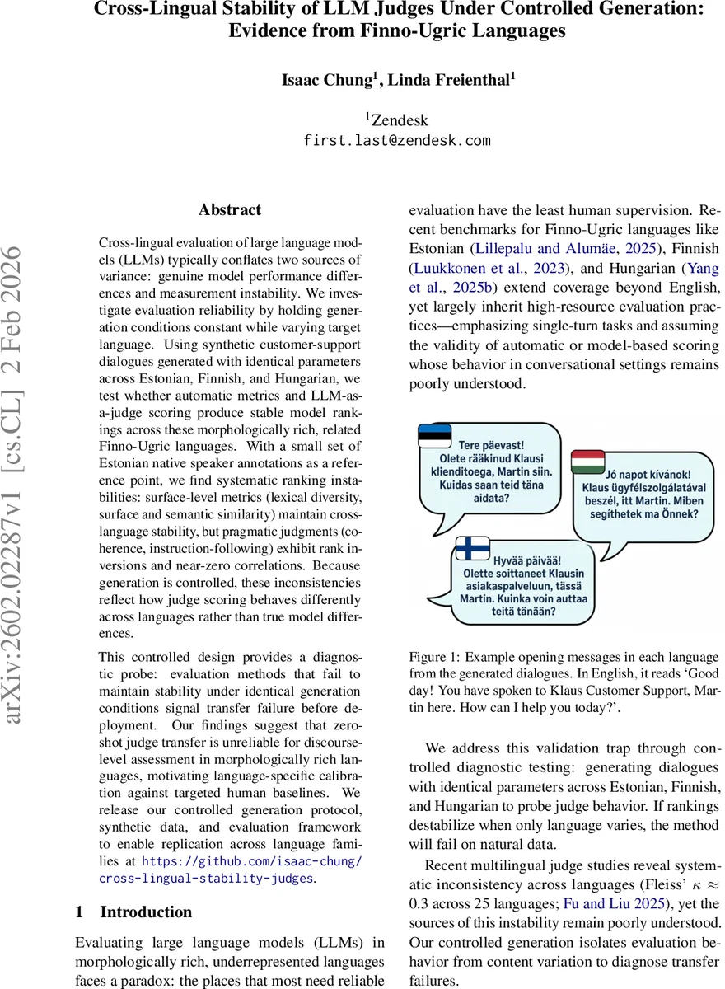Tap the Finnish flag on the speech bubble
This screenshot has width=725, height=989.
(x=474, y=547)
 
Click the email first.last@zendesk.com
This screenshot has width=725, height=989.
(x=397, y=140)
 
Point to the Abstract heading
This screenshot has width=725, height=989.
(x=230, y=210)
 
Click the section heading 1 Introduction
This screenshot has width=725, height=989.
(x=133, y=912)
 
